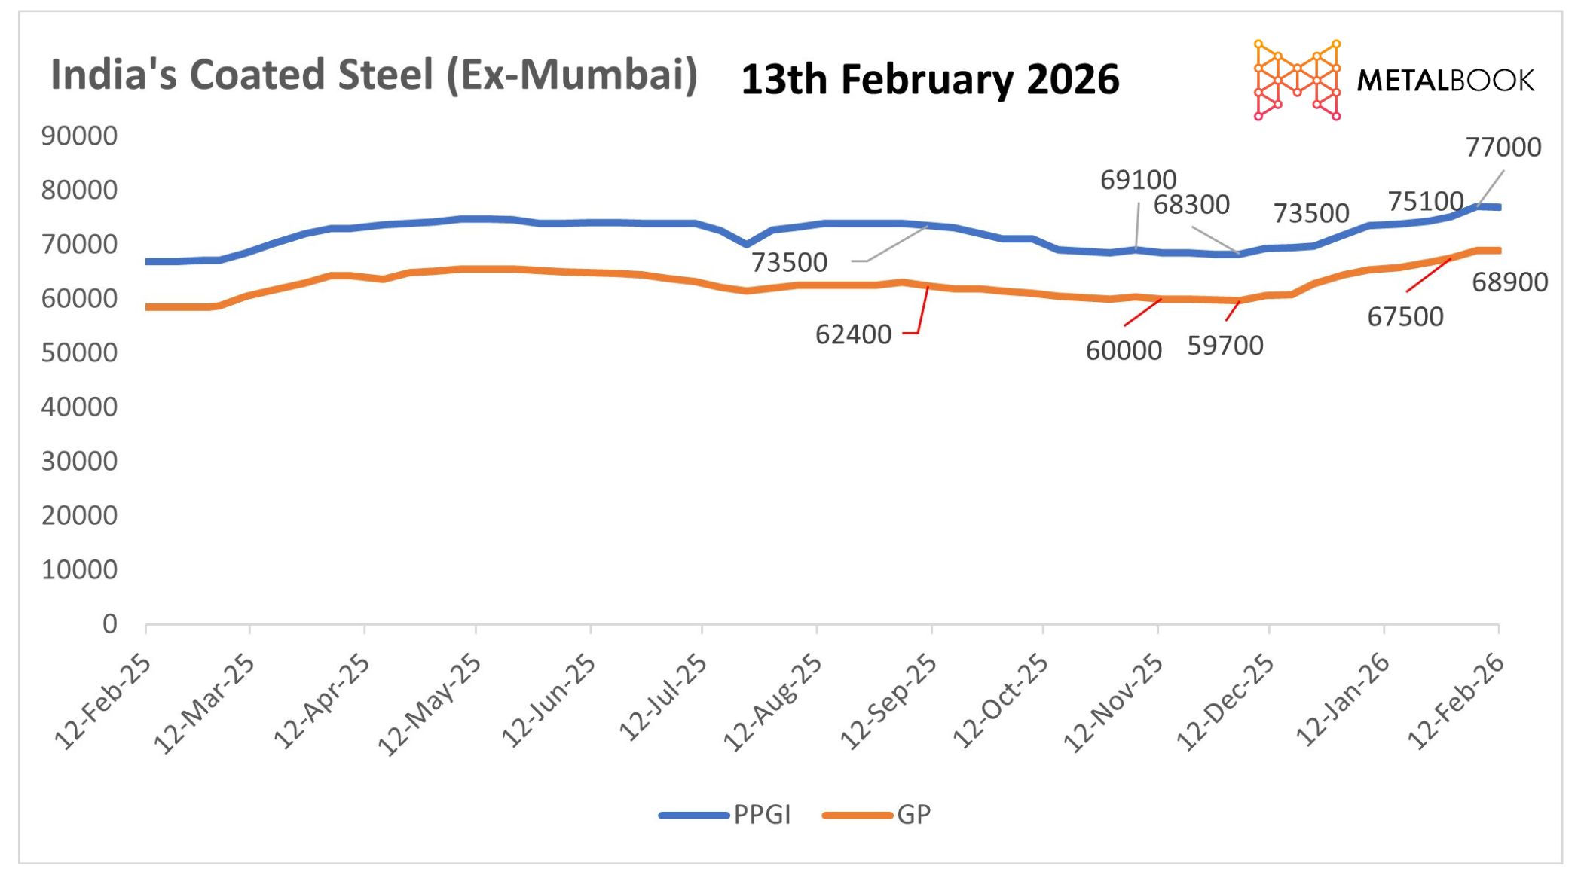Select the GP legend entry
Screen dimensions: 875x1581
(913, 815)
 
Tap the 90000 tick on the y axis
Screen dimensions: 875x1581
(79, 136)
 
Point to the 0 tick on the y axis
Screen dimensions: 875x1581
(110, 624)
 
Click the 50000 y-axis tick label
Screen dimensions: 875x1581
(79, 353)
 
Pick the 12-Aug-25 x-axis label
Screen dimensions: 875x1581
(773, 703)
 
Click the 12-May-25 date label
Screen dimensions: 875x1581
(429, 704)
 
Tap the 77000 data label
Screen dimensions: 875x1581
(1503, 148)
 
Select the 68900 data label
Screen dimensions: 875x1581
(1509, 282)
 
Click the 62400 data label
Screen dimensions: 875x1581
(853, 334)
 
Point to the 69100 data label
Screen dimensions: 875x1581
(1138, 180)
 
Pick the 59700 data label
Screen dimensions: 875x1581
(1225, 346)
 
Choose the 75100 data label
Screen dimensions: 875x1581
(1425, 202)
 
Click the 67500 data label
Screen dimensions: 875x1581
(1405, 317)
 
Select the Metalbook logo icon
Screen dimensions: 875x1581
(1296, 80)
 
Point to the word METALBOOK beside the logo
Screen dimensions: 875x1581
(1445, 81)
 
